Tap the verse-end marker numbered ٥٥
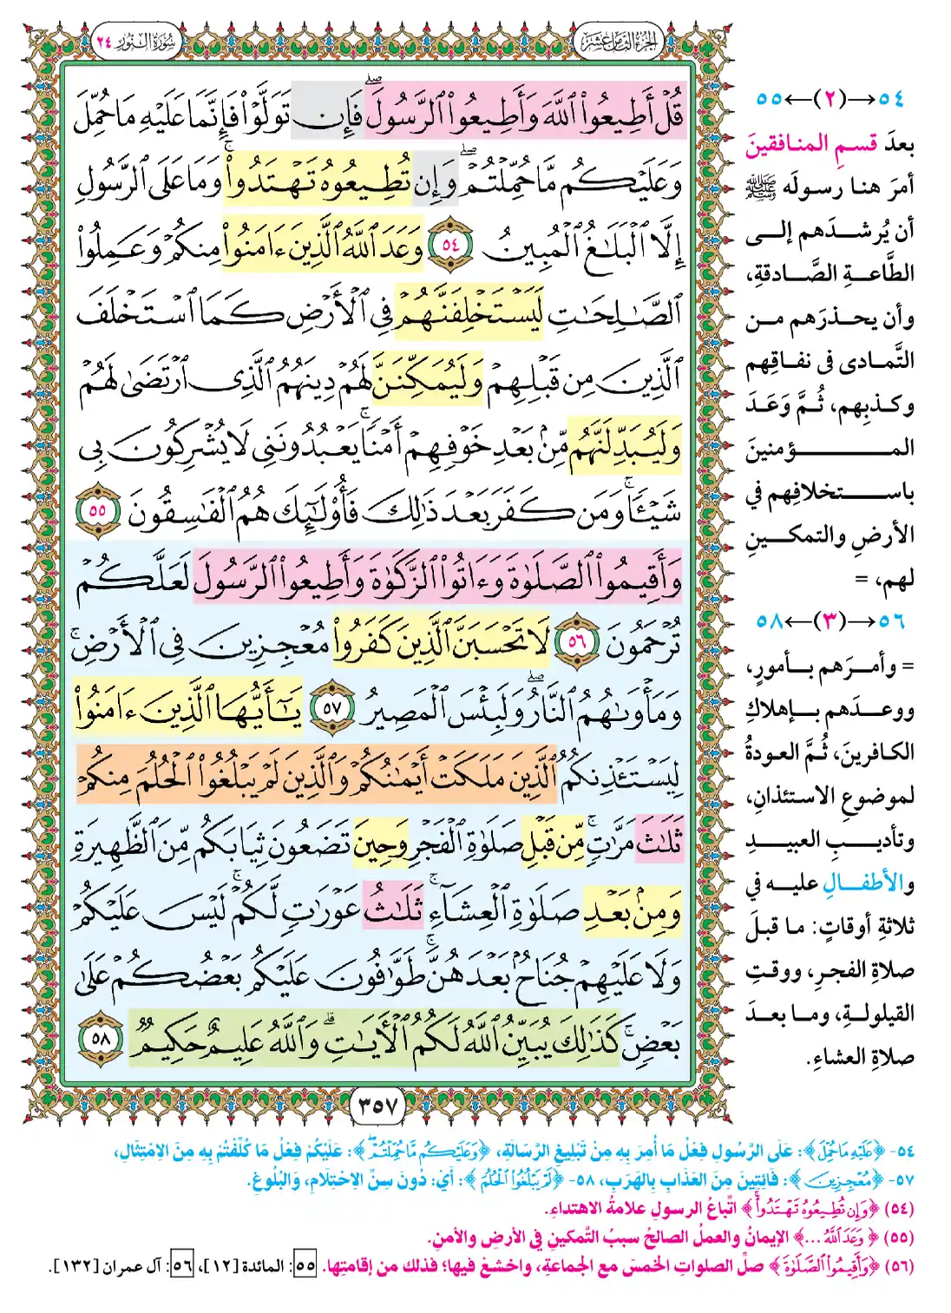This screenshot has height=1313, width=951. click(x=97, y=509)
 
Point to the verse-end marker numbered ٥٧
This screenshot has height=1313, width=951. click(x=332, y=708)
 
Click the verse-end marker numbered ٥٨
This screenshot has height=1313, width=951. click(x=102, y=1036)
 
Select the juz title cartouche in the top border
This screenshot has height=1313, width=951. click(x=619, y=42)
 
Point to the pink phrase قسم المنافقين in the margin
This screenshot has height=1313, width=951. click(x=810, y=143)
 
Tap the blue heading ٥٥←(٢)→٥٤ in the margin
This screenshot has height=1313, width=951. click(x=830, y=98)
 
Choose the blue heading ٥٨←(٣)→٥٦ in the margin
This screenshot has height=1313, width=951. click(x=830, y=621)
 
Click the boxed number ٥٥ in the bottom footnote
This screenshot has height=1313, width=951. click(x=305, y=1266)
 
